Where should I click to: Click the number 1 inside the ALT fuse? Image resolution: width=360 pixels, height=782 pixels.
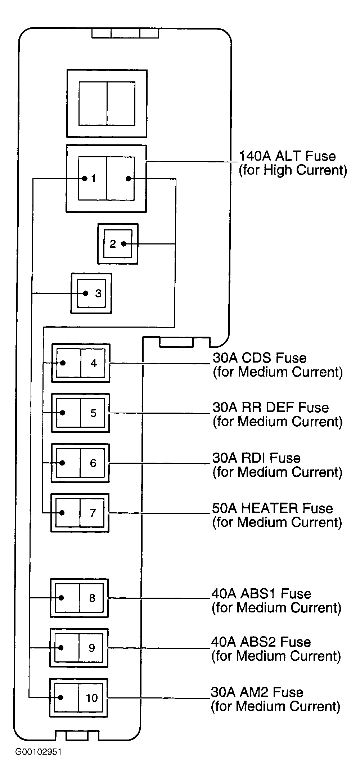93,178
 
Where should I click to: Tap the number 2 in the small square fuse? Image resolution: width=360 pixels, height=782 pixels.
113,244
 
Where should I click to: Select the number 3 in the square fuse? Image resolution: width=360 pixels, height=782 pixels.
98,293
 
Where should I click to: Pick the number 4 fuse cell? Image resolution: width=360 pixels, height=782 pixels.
94,363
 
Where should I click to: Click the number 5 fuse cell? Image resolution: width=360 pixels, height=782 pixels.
93,413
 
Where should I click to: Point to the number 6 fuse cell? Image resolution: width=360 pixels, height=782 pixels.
93,463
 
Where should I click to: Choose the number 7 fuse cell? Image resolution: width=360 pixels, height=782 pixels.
93,513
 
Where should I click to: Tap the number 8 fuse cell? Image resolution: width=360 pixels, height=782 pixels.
92,598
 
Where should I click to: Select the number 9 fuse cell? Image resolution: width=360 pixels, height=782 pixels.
92,648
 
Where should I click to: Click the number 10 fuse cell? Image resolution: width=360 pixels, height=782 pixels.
91,698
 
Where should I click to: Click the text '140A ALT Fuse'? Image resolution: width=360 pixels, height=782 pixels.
287,156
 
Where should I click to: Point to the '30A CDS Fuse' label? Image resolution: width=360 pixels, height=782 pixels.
260,358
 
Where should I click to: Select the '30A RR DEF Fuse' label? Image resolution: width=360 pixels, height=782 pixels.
271,407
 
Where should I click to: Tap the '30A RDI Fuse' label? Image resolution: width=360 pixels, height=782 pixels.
256,458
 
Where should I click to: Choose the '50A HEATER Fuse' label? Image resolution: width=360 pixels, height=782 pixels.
273,508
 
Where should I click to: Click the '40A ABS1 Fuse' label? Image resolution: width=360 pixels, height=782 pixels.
261,593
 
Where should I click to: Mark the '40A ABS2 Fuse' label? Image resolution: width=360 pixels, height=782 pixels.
261,642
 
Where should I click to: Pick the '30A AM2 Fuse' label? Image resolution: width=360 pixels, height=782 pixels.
257,692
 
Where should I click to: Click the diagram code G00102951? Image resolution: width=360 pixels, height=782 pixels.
38,752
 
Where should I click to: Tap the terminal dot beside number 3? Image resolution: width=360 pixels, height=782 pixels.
85,293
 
